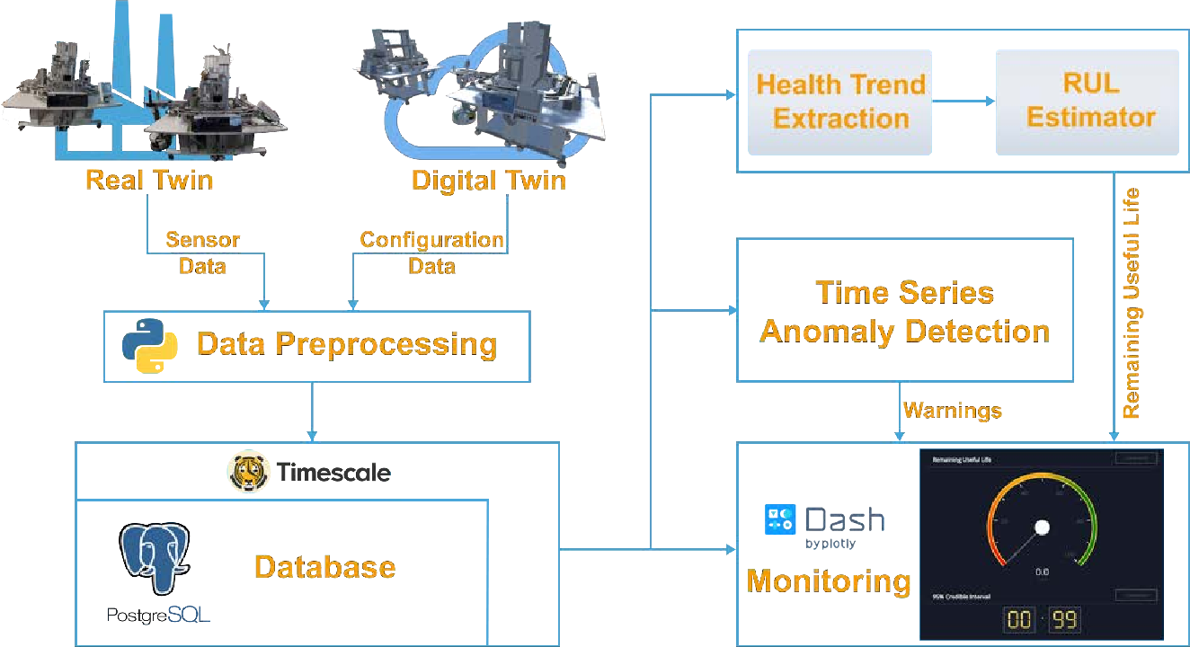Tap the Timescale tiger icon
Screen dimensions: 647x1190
248,472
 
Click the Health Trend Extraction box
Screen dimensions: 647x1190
840,102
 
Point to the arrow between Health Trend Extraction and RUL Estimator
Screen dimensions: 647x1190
964,102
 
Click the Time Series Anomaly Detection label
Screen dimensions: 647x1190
904,312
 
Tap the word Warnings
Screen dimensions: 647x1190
952,412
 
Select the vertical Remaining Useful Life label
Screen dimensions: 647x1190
1132,303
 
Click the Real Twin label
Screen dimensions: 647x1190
149,180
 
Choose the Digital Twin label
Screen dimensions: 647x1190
488,181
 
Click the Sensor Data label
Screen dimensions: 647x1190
202,253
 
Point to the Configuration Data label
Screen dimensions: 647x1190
431,253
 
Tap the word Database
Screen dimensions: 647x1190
324,567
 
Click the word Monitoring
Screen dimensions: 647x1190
828,581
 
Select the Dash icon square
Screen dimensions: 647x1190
779,519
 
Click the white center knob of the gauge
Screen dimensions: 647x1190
1043,527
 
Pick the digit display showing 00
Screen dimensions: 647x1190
1019,620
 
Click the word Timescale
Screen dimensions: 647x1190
333,472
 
